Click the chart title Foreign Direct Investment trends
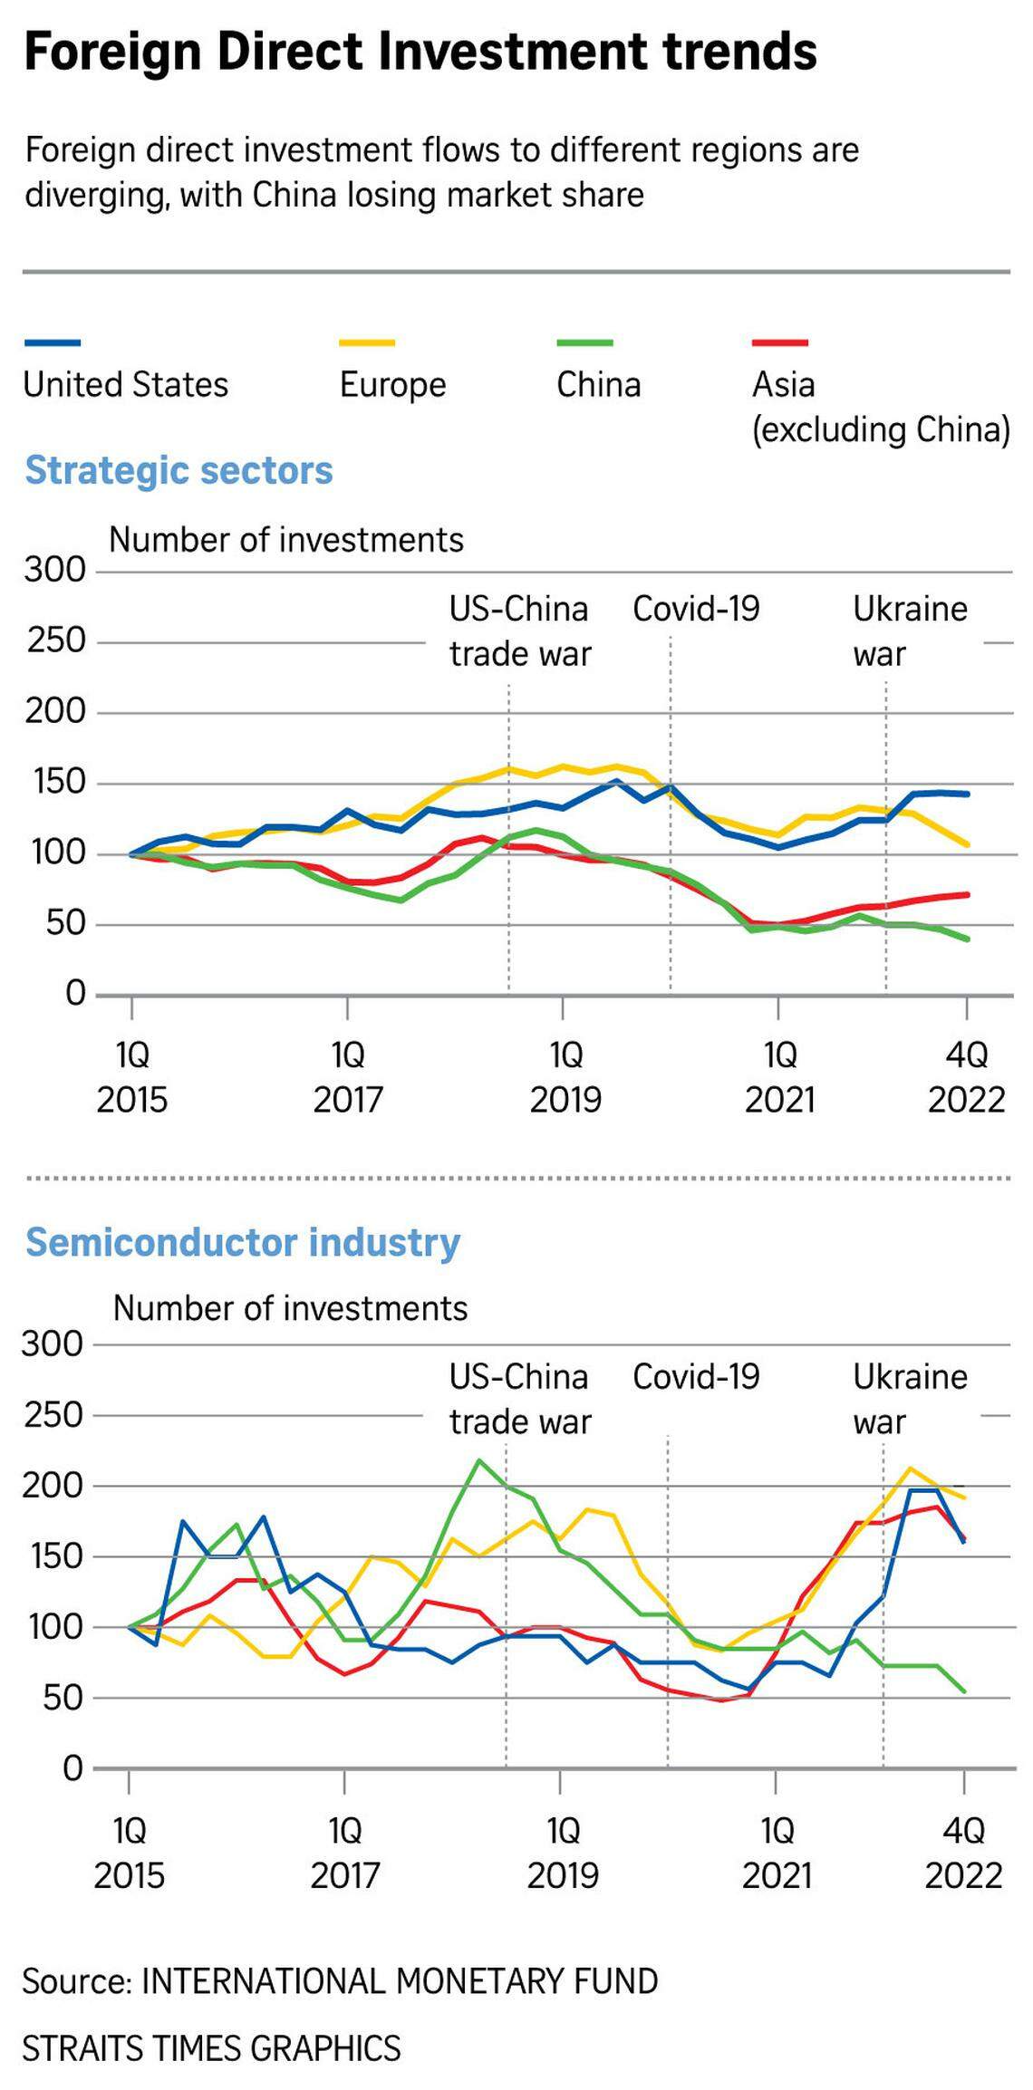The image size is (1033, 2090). pyautogui.click(x=420, y=52)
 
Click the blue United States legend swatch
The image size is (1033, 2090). pyautogui.click(x=53, y=342)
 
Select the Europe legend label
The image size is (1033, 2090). pyautogui.click(x=392, y=384)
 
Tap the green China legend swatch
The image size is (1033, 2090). pyautogui.click(x=584, y=342)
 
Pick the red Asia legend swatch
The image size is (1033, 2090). pyautogui.click(x=779, y=342)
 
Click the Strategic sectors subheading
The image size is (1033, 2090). pyautogui.click(x=179, y=470)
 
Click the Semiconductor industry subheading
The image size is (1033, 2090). pyautogui.click(x=243, y=1242)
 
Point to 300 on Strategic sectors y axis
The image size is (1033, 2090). pyautogui.click(x=54, y=570)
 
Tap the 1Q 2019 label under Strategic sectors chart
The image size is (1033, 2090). pyautogui.click(x=565, y=1077)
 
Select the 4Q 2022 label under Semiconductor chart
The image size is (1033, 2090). pyautogui.click(x=963, y=1853)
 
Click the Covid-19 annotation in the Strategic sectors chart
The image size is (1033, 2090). pyautogui.click(x=696, y=609)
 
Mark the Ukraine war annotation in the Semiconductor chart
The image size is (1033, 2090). pyautogui.click(x=909, y=1399)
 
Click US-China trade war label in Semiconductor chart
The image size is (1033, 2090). pyautogui.click(x=519, y=1399)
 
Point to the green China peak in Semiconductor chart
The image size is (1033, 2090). pyautogui.click(x=478, y=1460)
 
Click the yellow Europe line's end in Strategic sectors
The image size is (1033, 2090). pyautogui.click(x=968, y=844)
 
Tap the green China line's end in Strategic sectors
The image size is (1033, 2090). pyautogui.click(x=968, y=939)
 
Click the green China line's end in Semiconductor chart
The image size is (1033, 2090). pyautogui.click(x=964, y=1691)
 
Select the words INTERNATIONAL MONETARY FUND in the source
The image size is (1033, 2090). pyautogui.click(x=400, y=1981)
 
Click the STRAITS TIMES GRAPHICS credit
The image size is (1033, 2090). pyautogui.click(x=211, y=2047)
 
